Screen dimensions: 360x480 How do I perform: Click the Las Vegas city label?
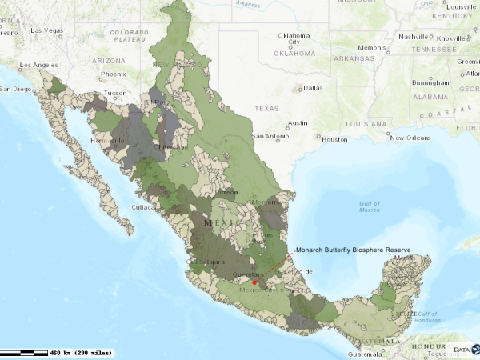(x=46, y=30)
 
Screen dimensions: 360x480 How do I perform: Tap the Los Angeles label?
(x=39, y=65)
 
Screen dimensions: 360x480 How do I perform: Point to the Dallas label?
(x=313, y=88)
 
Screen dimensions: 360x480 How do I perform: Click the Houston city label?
(x=335, y=139)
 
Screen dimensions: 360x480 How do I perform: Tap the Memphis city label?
(x=371, y=47)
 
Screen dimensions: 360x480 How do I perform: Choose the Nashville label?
(x=414, y=37)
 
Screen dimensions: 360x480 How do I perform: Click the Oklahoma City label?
(x=293, y=38)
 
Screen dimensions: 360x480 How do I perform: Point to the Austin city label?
(x=298, y=123)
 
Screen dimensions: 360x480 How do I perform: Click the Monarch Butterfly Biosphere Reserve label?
(x=353, y=250)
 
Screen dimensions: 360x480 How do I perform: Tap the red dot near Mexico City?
(x=254, y=282)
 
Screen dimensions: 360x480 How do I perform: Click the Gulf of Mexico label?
(x=369, y=206)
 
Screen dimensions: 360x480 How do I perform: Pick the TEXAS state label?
(x=266, y=107)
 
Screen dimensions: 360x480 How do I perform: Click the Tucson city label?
(x=115, y=93)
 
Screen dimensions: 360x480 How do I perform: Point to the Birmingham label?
(x=430, y=82)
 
